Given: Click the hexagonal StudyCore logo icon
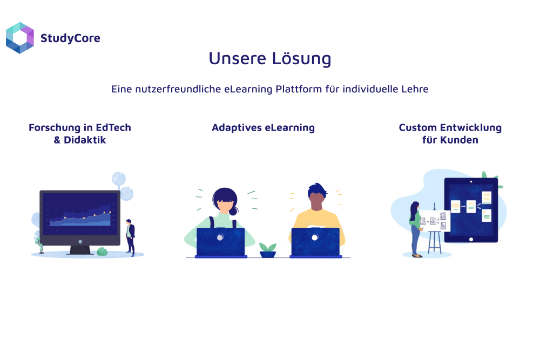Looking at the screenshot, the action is click(x=20, y=38).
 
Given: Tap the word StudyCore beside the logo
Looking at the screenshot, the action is click(x=70, y=38).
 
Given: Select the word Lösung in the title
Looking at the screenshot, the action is click(x=302, y=58).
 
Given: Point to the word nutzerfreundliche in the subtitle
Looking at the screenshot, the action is click(x=178, y=89).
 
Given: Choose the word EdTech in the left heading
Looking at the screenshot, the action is click(x=113, y=128).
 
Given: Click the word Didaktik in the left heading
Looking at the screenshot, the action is click(x=85, y=140).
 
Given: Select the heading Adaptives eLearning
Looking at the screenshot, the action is click(x=263, y=128).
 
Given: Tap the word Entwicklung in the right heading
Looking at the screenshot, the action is click(x=471, y=128).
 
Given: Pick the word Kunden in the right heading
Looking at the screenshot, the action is click(x=460, y=140).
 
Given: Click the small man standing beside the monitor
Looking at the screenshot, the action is click(x=130, y=237).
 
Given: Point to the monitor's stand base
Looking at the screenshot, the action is click(x=80, y=250).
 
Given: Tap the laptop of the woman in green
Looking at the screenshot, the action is click(x=221, y=242).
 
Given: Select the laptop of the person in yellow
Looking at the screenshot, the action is click(x=315, y=242).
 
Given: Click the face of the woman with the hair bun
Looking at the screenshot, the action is click(x=225, y=205).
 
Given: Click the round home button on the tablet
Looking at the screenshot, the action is click(x=471, y=239).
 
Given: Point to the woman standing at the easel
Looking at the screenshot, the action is click(x=415, y=229).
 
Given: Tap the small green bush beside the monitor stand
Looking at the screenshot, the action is click(x=102, y=252).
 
